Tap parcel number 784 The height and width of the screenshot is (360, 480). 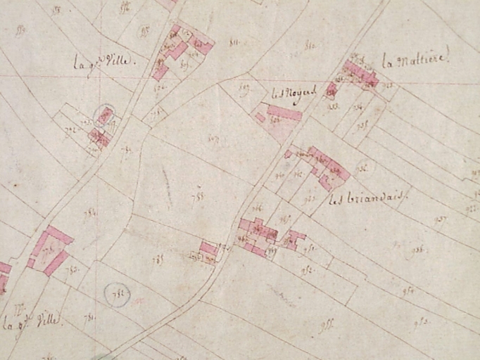pos(90,213)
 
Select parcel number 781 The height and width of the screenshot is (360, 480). pos(89,317)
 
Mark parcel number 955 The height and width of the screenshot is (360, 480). pos(326,325)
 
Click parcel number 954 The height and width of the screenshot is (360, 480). pos(406,290)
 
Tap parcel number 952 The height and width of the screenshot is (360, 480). pos(307,269)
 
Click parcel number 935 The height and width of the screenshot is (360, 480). pos(362,168)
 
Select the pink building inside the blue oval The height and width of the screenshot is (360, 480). pos(105,115)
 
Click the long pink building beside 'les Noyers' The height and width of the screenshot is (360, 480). pos(284,112)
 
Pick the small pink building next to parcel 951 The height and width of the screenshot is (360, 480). pos(294,240)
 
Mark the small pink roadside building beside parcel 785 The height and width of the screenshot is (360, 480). pos(208,248)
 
